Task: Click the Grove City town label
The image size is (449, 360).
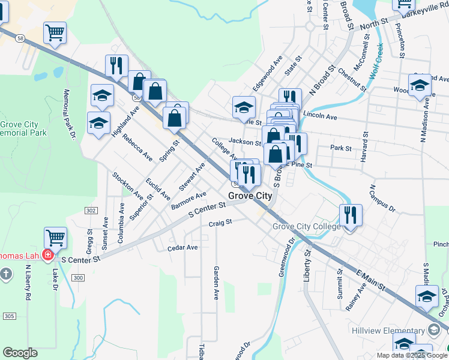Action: (250, 196)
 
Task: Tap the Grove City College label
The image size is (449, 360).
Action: (306, 227)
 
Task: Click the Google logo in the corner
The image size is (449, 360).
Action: (20, 353)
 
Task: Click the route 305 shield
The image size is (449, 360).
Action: (9, 316)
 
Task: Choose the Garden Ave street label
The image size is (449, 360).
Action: (216, 283)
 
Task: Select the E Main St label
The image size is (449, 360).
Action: (370, 280)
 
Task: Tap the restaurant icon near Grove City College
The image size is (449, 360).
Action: (350, 215)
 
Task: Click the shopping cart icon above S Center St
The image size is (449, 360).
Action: (55, 238)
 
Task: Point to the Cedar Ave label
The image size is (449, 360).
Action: (182, 247)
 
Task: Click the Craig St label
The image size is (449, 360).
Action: (220, 222)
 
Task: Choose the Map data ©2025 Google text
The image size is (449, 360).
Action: (411, 355)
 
